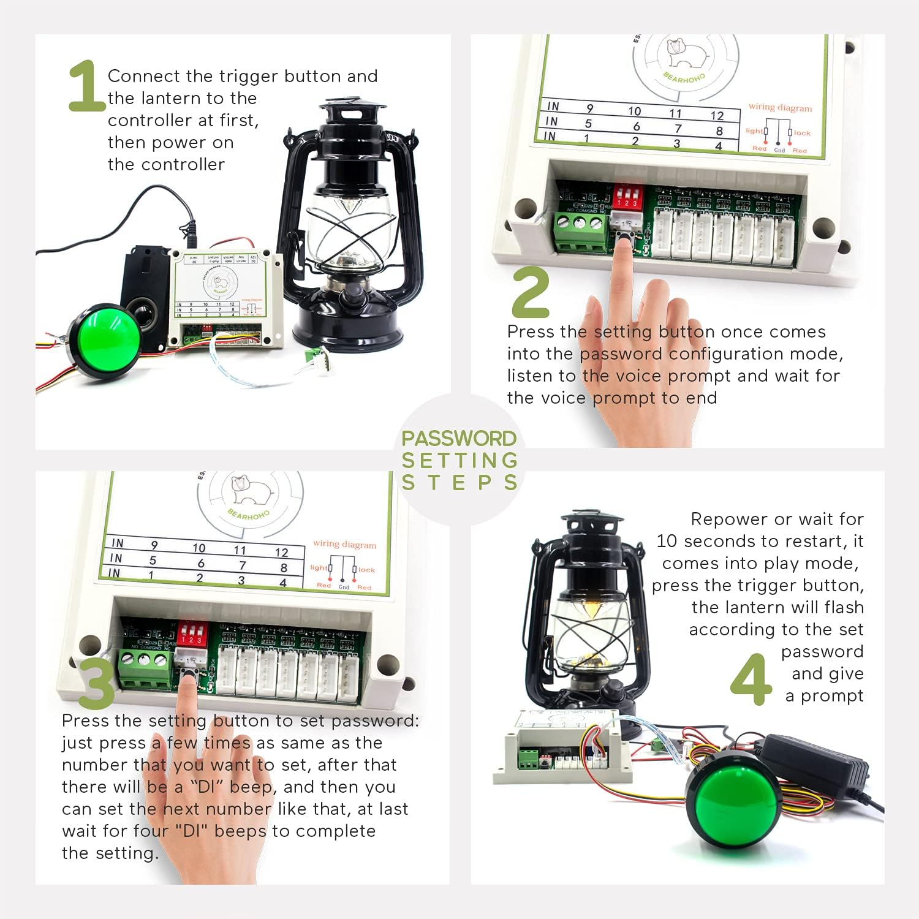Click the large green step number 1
click(x=85, y=86)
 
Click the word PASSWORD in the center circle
click(x=459, y=439)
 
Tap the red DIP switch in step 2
click(x=627, y=196)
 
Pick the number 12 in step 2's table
click(x=717, y=116)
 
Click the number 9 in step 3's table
click(x=154, y=545)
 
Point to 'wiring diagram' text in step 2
click(x=780, y=107)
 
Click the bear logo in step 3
click(x=251, y=490)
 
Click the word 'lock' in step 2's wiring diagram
click(x=802, y=133)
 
